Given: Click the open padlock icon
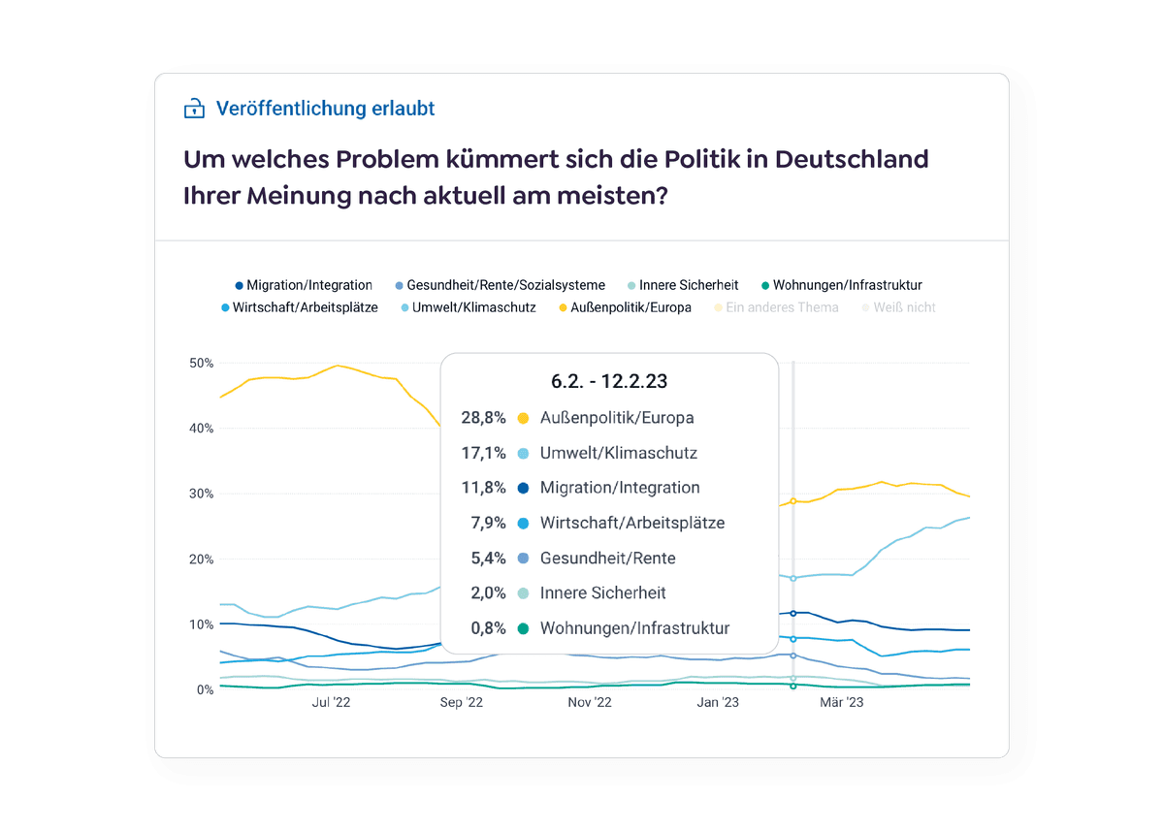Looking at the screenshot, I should coord(194,109).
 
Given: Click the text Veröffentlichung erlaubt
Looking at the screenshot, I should coord(325,109).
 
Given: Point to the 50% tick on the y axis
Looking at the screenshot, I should coord(202,363).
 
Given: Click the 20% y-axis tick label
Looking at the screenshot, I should coord(202,559).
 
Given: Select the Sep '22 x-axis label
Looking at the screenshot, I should coord(462,703).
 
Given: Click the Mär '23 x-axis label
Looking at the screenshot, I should coord(842,703).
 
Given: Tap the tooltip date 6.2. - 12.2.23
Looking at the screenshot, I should coord(609,381).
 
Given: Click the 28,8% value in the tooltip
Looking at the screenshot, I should coord(483,418).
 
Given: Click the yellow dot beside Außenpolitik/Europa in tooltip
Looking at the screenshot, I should coord(523,418).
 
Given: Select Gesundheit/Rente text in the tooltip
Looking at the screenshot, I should coord(607,558).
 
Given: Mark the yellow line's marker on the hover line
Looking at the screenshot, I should coord(793,501).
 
